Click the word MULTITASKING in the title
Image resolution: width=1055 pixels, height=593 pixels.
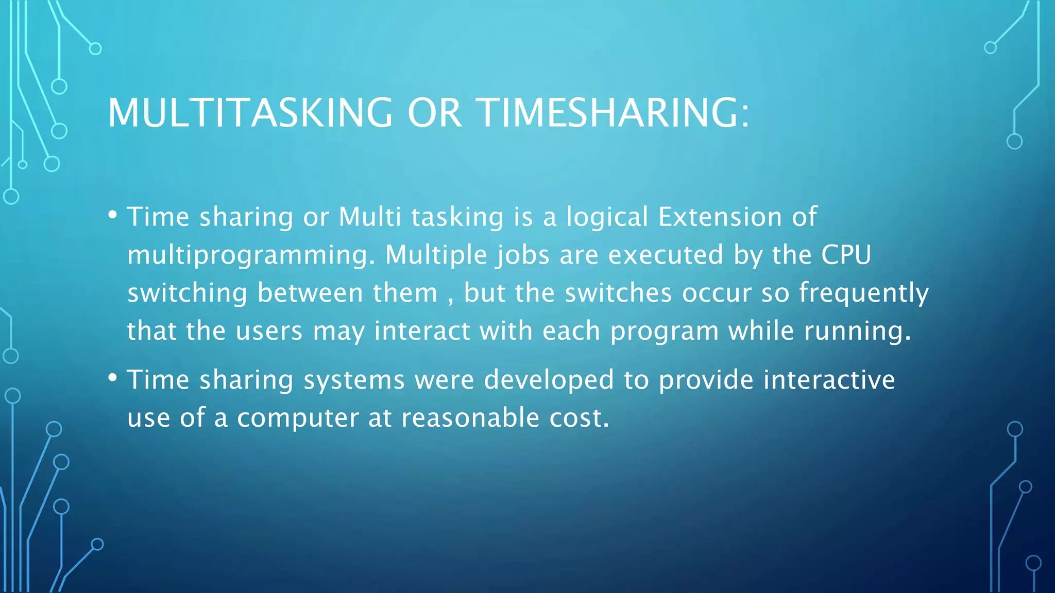(250, 113)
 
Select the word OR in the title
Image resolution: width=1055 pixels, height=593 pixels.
(434, 113)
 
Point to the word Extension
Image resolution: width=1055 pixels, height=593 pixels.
(720, 217)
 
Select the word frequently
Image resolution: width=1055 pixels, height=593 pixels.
(864, 293)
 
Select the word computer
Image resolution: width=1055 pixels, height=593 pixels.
(298, 418)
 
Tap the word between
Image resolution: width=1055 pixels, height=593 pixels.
(310, 293)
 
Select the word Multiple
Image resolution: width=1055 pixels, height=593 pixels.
(436, 255)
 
